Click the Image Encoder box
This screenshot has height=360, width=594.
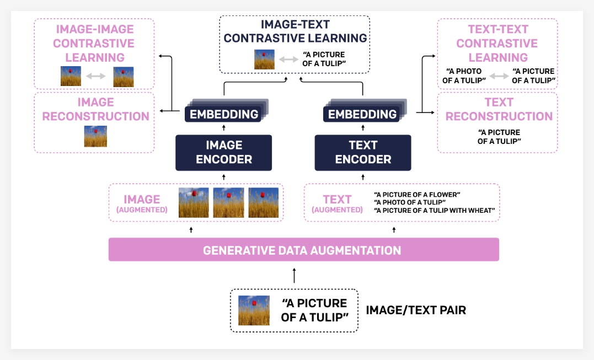(x=223, y=152)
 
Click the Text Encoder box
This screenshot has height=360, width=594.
(x=363, y=152)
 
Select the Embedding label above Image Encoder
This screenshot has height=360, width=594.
(x=224, y=115)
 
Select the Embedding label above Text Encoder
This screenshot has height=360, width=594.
(x=362, y=115)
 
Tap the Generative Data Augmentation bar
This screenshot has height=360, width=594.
(x=303, y=250)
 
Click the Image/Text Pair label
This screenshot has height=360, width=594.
(x=416, y=310)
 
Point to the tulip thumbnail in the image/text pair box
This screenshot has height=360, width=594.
(x=254, y=310)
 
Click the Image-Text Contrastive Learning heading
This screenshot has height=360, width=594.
(x=295, y=31)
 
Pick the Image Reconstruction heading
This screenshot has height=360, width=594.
(x=95, y=109)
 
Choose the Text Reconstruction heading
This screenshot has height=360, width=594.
(x=499, y=109)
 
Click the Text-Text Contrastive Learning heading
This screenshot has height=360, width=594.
(x=497, y=44)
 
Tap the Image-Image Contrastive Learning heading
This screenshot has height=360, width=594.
(x=95, y=44)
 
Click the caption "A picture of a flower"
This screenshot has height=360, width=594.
(x=417, y=195)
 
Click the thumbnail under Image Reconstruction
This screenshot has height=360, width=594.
(x=95, y=136)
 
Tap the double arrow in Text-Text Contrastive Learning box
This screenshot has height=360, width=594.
(x=498, y=76)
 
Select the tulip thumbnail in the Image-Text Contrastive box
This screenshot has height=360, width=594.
(x=264, y=60)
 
